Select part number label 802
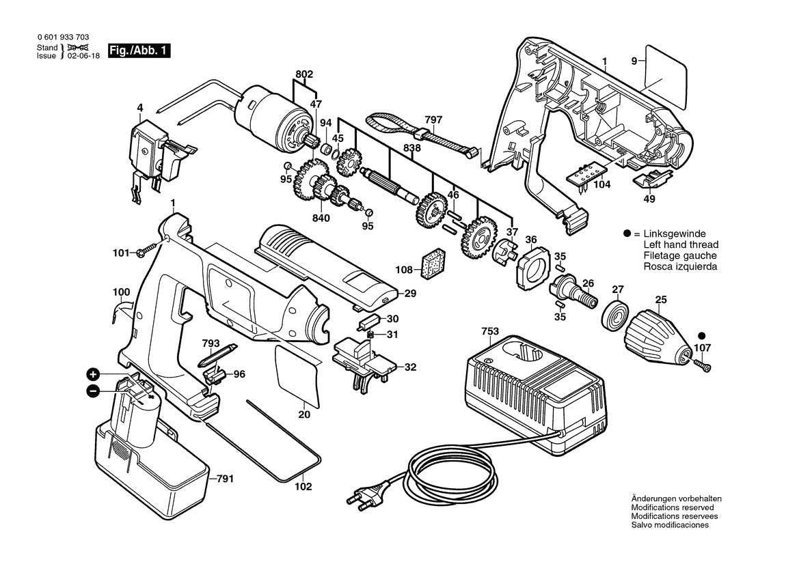tap(304, 74)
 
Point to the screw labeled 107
tap(703, 367)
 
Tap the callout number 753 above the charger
tap(489, 332)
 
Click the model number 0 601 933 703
tap(64, 38)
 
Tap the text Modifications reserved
tap(673, 507)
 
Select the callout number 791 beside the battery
tap(227, 479)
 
